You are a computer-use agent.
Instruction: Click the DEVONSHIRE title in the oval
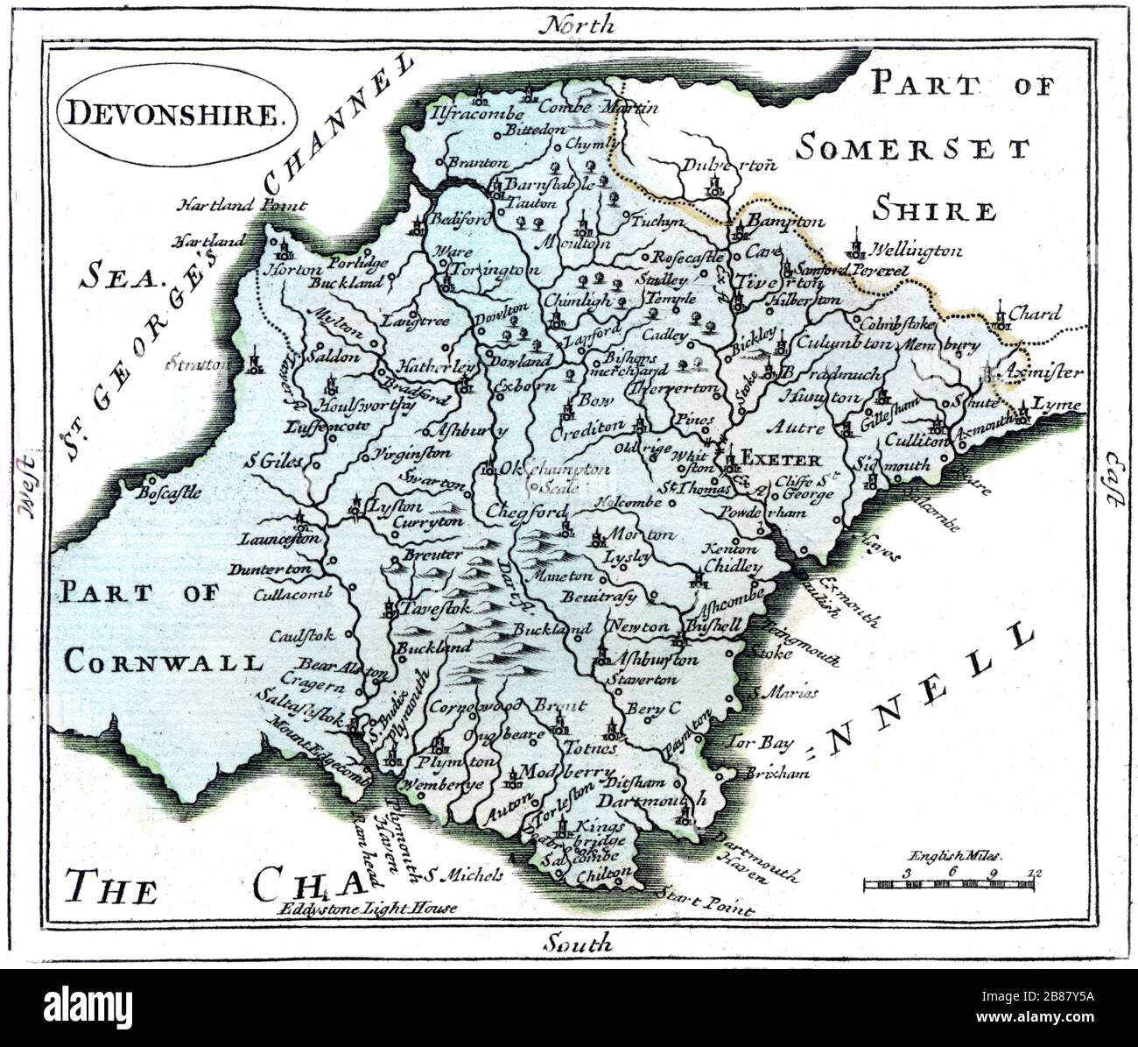point(177,114)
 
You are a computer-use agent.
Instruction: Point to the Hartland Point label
point(242,206)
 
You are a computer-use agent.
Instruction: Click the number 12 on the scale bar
point(1036,873)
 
